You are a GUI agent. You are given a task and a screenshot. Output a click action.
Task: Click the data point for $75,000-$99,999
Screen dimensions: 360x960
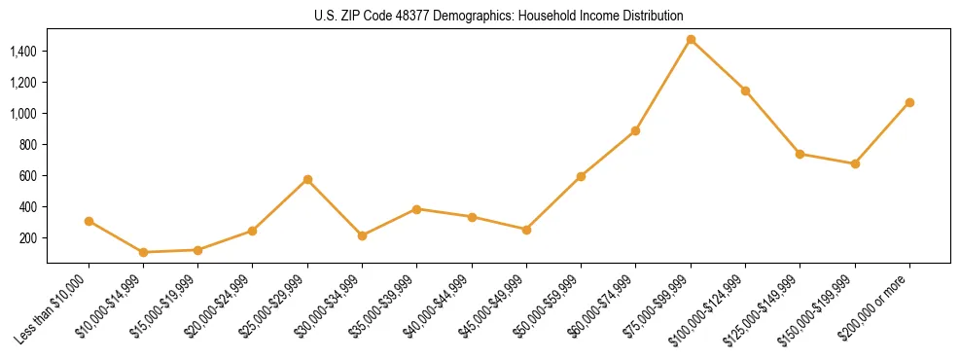click(x=691, y=40)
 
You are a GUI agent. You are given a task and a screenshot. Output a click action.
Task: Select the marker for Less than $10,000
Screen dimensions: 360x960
click(x=89, y=221)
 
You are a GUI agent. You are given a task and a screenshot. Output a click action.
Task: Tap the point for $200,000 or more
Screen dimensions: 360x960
click(x=909, y=102)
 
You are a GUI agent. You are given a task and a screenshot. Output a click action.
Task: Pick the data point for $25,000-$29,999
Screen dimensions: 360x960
click(x=307, y=179)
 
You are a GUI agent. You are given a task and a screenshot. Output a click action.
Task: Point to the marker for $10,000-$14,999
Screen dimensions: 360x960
click(x=144, y=252)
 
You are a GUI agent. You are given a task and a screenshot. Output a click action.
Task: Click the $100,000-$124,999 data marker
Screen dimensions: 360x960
click(x=745, y=90)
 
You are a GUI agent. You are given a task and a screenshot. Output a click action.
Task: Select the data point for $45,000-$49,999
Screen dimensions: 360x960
click(x=526, y=230)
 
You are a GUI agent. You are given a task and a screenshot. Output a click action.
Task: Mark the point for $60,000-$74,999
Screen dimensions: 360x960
click(x=635, y=130)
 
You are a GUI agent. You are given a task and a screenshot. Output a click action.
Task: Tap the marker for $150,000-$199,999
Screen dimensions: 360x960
click(x=855, y=163)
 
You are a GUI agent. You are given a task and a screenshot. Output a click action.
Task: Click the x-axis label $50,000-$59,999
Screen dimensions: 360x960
click(x=552, y=303)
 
